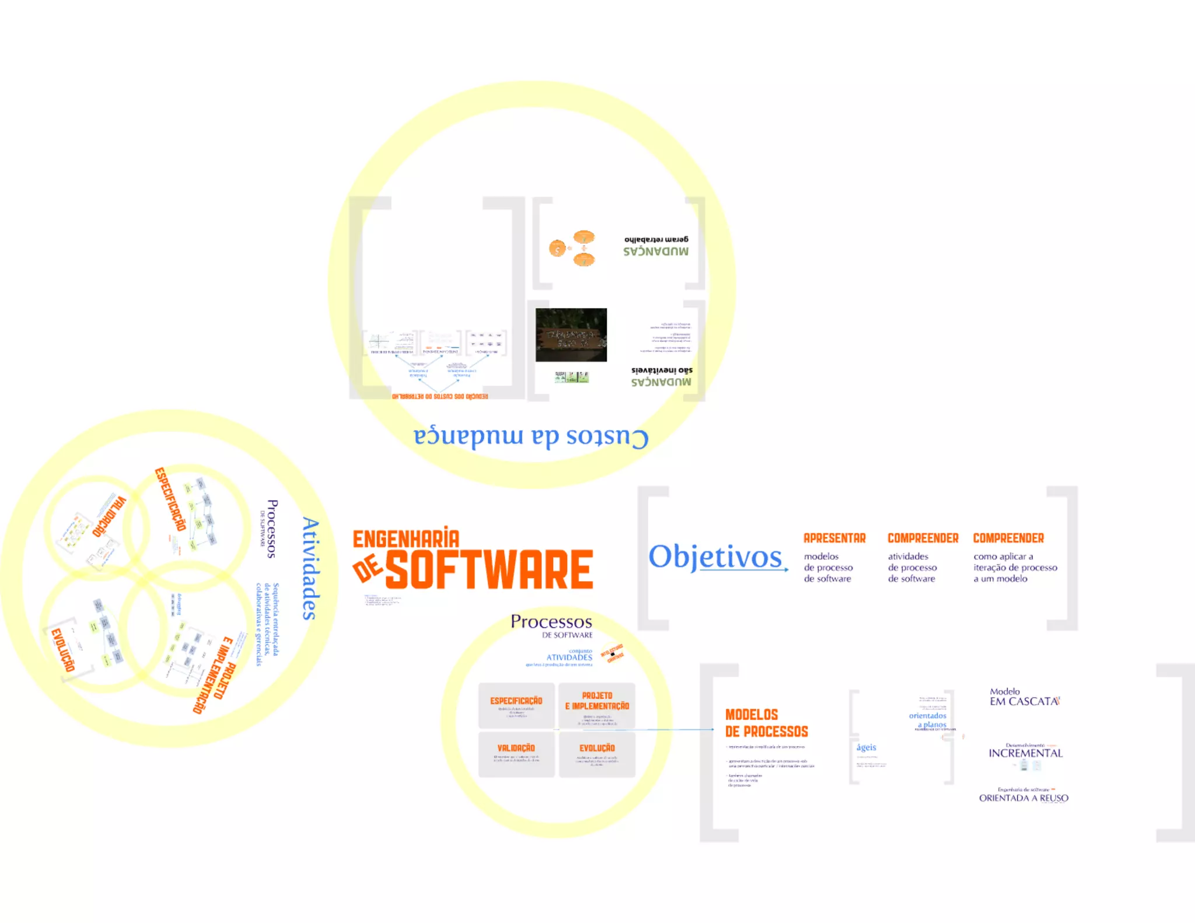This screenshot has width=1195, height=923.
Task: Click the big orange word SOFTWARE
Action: pyautogui.click(x=489, y=569)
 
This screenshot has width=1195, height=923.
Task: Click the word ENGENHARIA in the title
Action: pyautogui.click(x=406, y=539)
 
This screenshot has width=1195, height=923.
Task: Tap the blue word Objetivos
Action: pyautogui.click(x=715, y=557)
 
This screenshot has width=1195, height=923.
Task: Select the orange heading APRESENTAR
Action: pyautogui.click(x=834, y=538)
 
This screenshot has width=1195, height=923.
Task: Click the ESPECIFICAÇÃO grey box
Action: pyautogui.click(x=516, y=705)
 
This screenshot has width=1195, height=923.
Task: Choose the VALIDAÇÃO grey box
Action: pyautogui.click(x=516, y=754)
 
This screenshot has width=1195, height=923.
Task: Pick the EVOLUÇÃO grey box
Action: pyautogui.click(x=597, y=754)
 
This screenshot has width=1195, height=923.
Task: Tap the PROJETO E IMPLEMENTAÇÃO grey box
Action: pyautogui.click(x=597, y=705)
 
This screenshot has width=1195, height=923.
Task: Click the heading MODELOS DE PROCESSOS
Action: pyautogui.click(x=766, y=723)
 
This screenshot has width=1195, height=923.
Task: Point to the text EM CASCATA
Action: pyautogui.click(x=1024, y=701)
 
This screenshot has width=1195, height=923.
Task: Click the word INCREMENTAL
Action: pyautogui.click(x=1025, y=753)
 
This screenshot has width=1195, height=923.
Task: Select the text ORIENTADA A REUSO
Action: pyautogui.click(x=1023, y=798)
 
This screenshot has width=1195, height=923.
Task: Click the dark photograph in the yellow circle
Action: pyautogui.click(x=571, y=335)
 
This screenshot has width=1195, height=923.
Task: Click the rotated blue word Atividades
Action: pyautogui.click(x=310, y=568)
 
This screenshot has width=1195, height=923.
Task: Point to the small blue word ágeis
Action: pyautogui.click(x=866, y=747)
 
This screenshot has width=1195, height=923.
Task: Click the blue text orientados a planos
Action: pyautogui.click(x=928, y=720)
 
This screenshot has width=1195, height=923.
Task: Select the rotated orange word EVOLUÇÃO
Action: pyautogui.click(x=63, y=650)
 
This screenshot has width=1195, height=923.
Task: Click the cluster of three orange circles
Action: pyautogui.click(x=573, y=249)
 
